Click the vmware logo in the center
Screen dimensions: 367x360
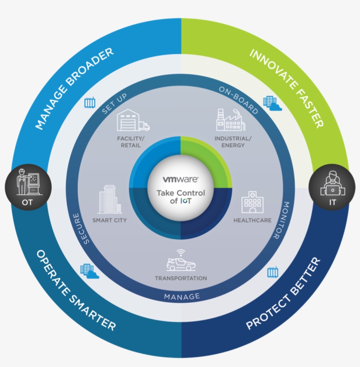(x=181, y=180)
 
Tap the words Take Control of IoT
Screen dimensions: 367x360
(x=181, y=197)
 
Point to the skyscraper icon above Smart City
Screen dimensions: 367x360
(x=109, y=200)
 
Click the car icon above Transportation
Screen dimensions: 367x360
(x=181, y=262)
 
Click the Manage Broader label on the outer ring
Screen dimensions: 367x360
(x=75, y=88)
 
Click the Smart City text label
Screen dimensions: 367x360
(x=109, y=220)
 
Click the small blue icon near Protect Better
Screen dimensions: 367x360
(x=273, y=273)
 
